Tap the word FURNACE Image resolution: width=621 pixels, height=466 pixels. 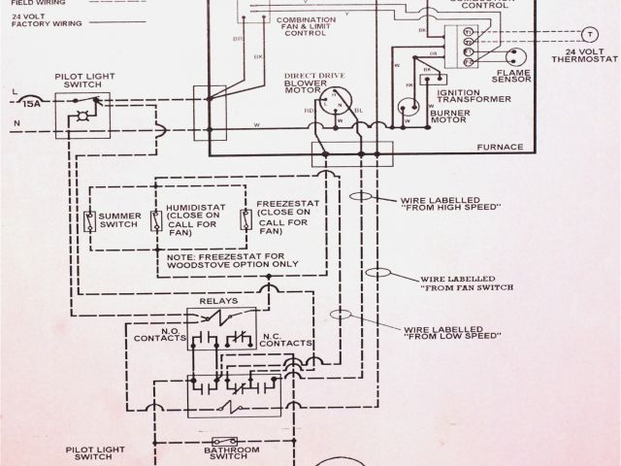coord(501,147)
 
